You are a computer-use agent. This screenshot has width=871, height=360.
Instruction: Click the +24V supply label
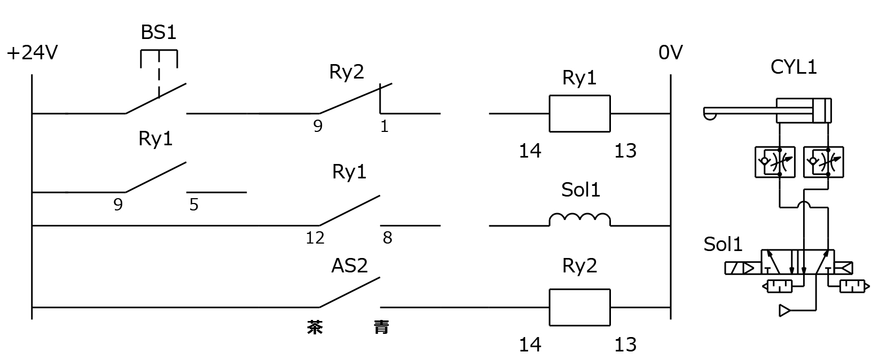pos(32,53)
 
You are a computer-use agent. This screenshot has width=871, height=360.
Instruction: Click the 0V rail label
pos(670,52)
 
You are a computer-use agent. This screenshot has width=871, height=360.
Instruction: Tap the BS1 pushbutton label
pos(159,33)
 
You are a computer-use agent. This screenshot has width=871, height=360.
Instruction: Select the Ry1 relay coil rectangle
pos(579,113)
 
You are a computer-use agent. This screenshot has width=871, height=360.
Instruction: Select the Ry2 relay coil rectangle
pos(579,307)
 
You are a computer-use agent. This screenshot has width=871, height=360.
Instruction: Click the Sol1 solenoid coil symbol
pos(580,220)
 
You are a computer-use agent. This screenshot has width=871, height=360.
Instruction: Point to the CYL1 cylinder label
pos(794,67)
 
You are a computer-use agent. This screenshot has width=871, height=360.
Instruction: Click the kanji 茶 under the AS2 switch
pos(315,327)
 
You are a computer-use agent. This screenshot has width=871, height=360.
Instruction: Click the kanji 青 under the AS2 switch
pos(381,327)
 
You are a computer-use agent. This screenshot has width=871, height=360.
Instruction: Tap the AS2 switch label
pos(349,265)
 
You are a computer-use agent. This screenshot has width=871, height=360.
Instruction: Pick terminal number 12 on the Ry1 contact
pos(315,238)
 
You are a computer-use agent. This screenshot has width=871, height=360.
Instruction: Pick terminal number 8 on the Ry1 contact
pos(387,238)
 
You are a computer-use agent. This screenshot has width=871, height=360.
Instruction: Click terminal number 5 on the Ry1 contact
pos(194,205)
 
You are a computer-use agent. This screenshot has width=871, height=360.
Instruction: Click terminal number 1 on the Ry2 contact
pos(384,127)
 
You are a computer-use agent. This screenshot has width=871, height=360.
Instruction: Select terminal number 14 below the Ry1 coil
pos(530,151)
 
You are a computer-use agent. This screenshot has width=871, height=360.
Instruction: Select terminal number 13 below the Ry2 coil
pos(625,345)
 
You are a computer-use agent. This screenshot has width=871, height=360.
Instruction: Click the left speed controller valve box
pos(774,162)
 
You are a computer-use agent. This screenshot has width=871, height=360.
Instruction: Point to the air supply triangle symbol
pos(784,310)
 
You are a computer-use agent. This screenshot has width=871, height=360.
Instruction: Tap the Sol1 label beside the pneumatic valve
pos(723,244)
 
